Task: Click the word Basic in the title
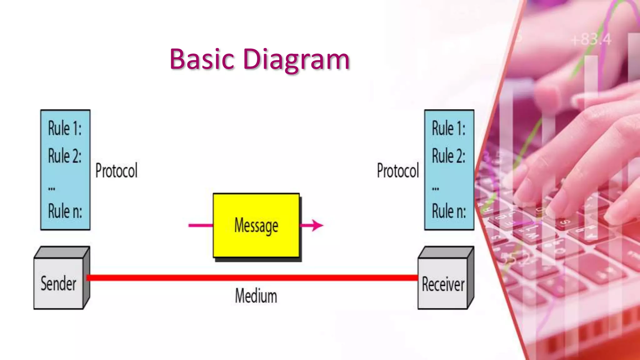click(202, 59)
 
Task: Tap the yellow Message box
click(256, 225)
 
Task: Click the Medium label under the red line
click(256, 296)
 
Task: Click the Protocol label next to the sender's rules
click(116, 171)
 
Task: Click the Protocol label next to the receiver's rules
click(397, 171)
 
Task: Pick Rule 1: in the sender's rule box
click(65, 128)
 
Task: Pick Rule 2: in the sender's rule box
click(65, 156)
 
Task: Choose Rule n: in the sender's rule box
click(65, 211)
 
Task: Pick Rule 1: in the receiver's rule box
click(448, 128)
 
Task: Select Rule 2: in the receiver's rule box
click(448, 156)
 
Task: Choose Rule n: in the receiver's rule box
click(449, 211)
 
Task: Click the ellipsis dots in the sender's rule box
click(52, 189)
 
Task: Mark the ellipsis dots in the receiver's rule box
click(435, 189)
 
